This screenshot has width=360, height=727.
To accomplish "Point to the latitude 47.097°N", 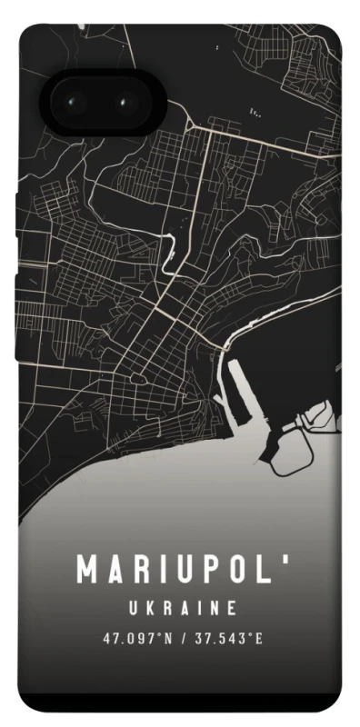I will tap(136, 639).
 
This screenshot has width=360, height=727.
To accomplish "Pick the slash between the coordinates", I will tap(183, 639).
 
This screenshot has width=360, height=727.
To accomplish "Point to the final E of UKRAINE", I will tap(233, 608).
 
